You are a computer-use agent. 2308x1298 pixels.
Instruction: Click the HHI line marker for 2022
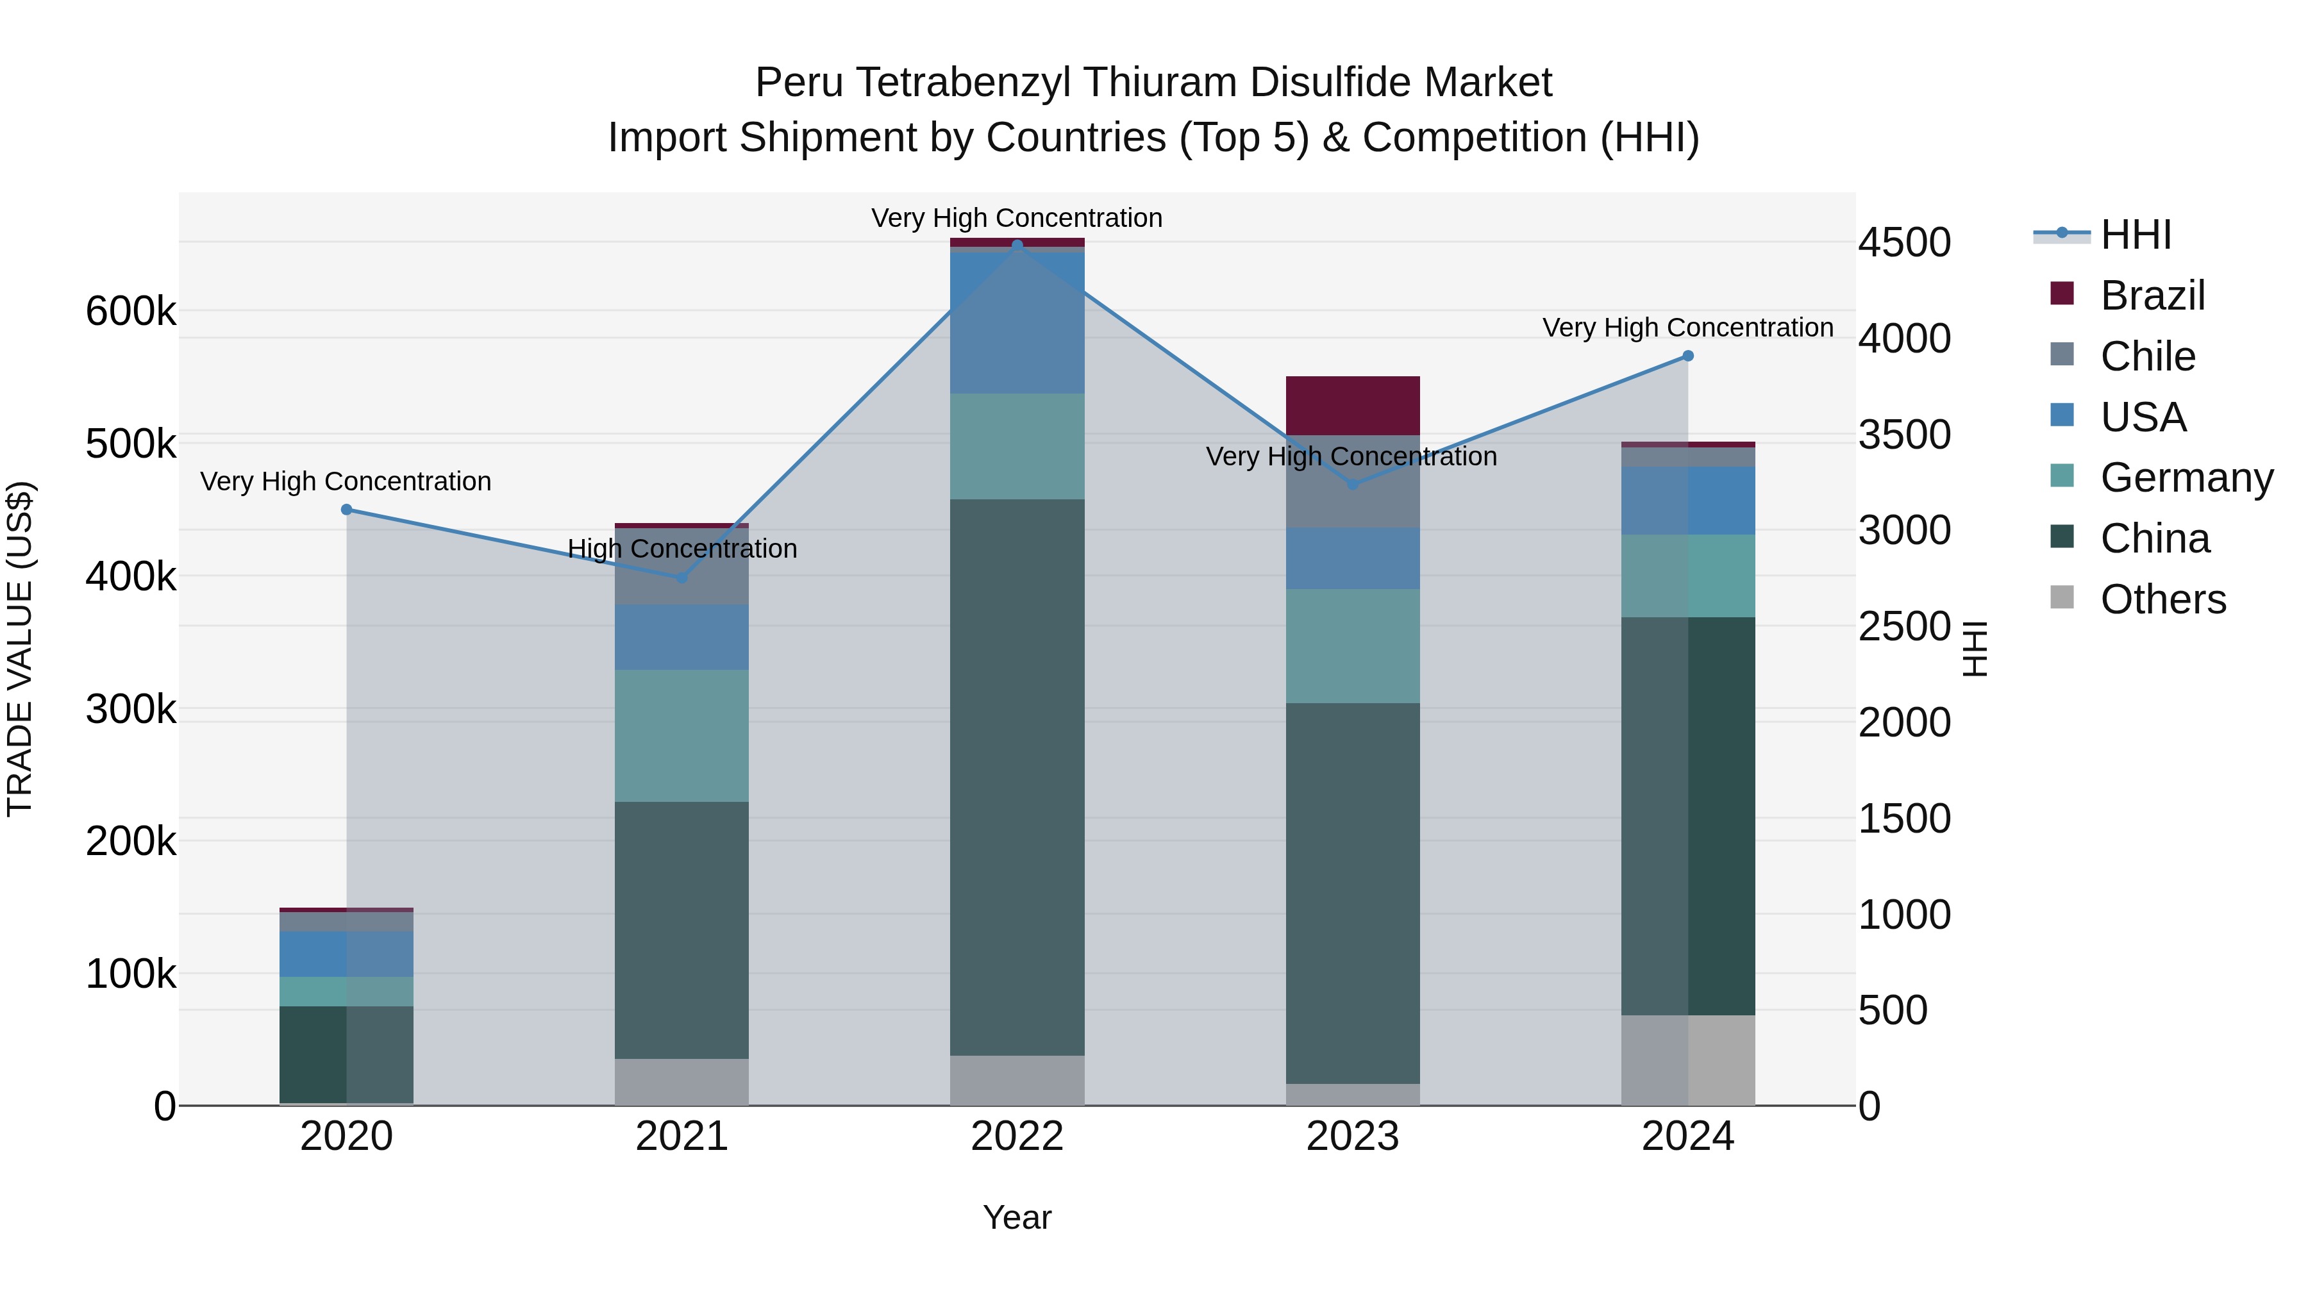coord(1017,245)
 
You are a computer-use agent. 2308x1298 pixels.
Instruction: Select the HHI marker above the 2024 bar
coord(1688,356)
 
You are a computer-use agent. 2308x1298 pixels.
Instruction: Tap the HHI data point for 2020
coord(347,510)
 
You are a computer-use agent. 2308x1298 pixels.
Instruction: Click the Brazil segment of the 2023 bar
coord(1352,406)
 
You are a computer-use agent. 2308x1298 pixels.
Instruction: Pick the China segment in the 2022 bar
coord(1017,777)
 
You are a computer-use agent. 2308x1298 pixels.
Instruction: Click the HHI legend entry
coord(2135,235)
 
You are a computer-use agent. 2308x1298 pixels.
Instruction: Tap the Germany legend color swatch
coord(2062,476)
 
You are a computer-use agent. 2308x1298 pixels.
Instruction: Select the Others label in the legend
coord(2163,599)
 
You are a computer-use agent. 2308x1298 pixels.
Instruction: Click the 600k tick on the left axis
coord(131,312)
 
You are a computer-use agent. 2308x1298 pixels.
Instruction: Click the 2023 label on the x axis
coord(1352,1136)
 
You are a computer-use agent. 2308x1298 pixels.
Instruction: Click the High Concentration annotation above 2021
coord(682,548)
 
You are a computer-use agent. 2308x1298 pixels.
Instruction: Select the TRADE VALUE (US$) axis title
coord(20,649)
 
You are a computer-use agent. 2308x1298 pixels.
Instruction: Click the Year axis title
coord(1017,1217)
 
